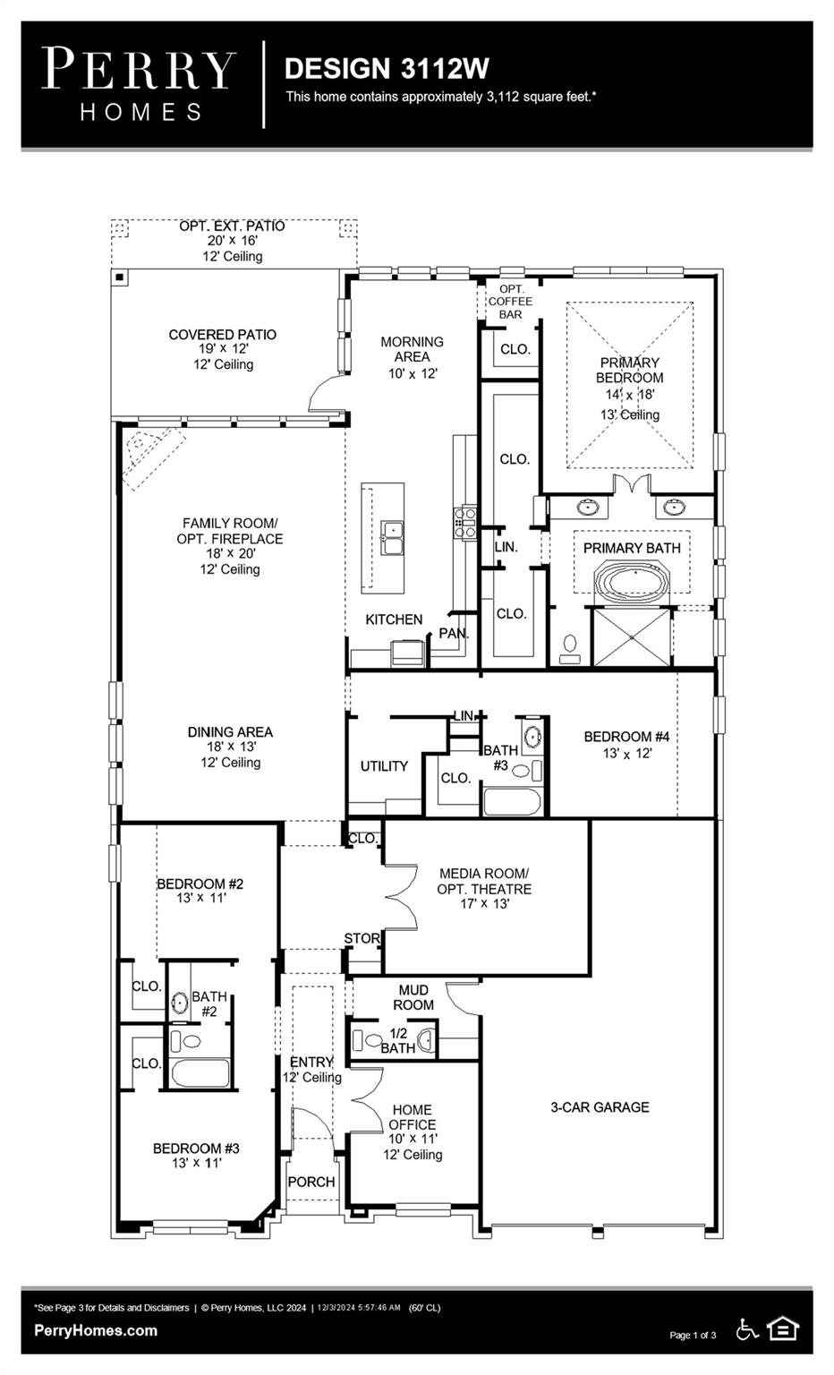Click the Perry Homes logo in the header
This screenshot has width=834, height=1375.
(x=140, y=85)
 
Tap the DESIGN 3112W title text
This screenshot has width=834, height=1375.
(x=387, y=69)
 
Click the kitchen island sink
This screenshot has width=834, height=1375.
(x=392, y=538)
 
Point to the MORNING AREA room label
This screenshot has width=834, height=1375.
(x=412, y=349)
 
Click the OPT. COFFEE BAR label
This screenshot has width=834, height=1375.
(x=510, y=302)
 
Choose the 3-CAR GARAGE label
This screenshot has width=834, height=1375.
(x=600, y=1106)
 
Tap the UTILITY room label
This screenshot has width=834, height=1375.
(x=384, y=766)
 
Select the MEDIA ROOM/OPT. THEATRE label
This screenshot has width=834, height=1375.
(x=484, y=881)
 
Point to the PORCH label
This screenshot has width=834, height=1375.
(x=311, y=1182)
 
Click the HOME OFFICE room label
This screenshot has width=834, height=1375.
(x=413, y=1117)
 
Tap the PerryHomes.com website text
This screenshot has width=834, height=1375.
(x=96, y=1330)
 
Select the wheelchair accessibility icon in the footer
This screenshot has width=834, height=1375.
(x=747, y=1329)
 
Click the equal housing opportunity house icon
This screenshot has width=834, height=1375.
(x=783, y=1329)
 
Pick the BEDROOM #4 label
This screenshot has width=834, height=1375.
(x=626, y=737)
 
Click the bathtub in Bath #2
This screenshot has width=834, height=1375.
(x=200, y=1072)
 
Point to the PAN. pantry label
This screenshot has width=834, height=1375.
(x=454, y=633)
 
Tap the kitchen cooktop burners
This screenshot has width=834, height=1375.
(x=465, y=523)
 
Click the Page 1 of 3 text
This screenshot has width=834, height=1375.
(x=693, y=1335)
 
